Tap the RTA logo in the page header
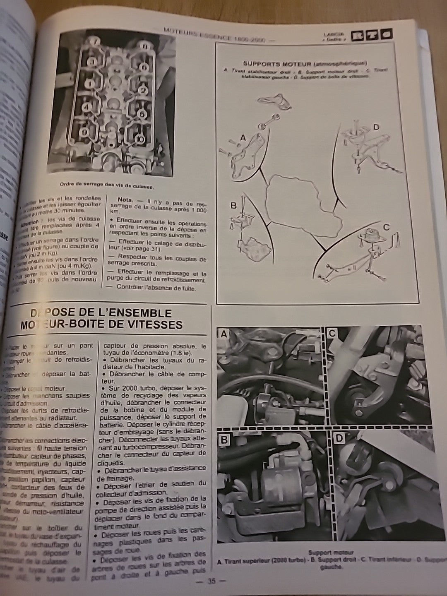click(371, 36)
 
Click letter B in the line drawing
click(233, 205)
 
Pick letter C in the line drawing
click(386, 227)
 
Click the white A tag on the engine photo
click(223, 334)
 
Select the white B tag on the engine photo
click(224, 440)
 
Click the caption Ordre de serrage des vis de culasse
click(110, 185)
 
